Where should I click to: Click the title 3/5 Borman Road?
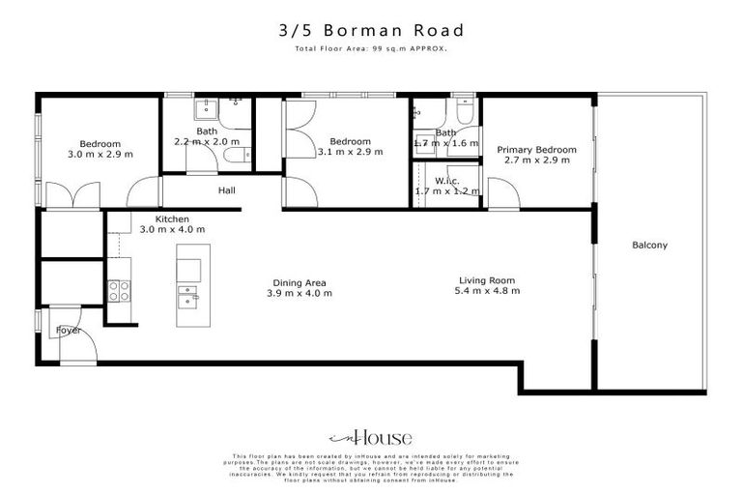click(x=370, y=30)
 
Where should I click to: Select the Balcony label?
click(x=649, y=245)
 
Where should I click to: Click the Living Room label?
click(x=489, y=280)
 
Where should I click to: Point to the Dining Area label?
click(x=300, y=282)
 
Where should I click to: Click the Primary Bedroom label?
click(x=537, y=150)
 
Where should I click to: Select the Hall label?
click(x=227, y=190)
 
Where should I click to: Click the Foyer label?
click(x=68, y=330)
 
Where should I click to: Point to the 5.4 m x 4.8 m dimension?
click(x=489, y=291)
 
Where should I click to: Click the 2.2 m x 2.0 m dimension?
click(x=206, y=141)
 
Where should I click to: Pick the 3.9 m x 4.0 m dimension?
click(x=300, y=293)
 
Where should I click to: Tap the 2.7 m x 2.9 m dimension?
click(x=537, y=160)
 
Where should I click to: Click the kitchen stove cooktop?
click(x=119, y=290)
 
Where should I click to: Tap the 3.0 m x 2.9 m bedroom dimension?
click(x=100, y=153)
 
